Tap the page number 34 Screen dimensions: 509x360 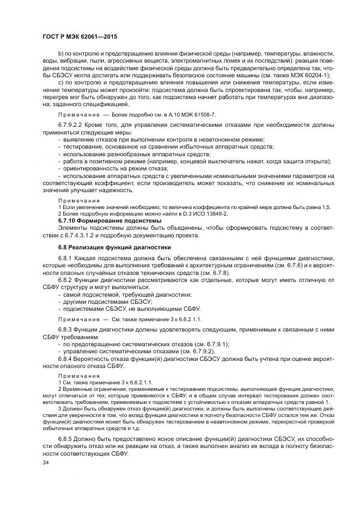coord(46,463)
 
